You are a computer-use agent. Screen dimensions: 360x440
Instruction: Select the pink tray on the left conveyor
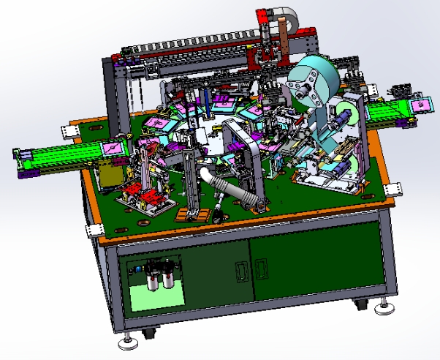tap(111, 148)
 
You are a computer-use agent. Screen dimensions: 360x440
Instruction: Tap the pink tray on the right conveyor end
tap(421, 105)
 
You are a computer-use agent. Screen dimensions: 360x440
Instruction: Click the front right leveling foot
tap(384, 307)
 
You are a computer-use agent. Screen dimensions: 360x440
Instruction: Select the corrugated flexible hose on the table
tap(236, 189)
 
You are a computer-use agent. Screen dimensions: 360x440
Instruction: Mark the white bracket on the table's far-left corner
tap(71, 131)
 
